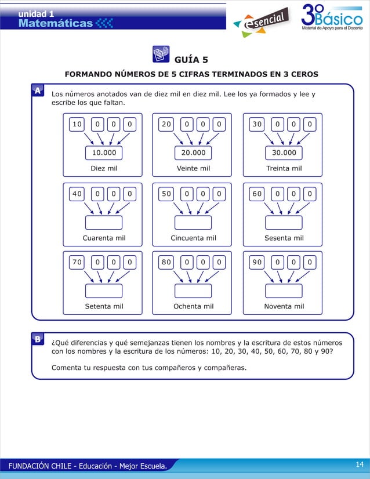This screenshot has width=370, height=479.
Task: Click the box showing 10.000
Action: (104, 153)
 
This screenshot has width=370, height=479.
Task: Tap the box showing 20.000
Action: (193, 153)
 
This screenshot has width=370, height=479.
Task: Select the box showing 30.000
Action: (284, 153)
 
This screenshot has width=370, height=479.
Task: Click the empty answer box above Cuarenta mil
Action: (104, 222)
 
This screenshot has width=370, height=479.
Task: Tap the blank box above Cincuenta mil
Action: (193, 222)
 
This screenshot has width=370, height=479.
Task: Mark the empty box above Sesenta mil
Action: (284, 222)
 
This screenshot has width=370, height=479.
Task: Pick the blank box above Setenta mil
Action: (104, 291)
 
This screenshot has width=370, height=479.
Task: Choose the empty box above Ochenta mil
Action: (193, 291)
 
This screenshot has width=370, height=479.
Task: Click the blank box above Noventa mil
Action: (284, 291)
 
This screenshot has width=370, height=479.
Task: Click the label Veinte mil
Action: (193, 169)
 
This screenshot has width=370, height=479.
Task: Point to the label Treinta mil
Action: (284, 169)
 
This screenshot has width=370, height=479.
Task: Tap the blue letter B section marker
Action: (37, 340)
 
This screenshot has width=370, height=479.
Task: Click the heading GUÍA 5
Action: (191, 60)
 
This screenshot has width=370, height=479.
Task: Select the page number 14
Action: (358, 465)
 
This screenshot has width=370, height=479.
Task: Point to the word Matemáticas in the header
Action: (55, 23)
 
